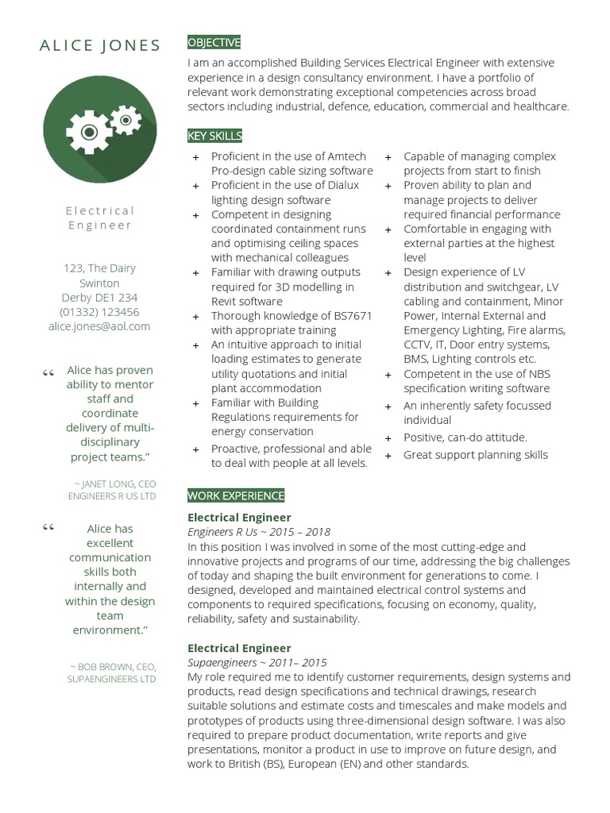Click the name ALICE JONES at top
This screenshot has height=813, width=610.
(x=100, y=45)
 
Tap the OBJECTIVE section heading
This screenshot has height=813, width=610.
(x=214, y=42)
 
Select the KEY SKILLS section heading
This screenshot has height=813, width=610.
(x=214, y=136)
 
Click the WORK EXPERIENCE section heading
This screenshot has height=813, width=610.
(x=235, y=495)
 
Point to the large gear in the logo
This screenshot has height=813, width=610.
(x=89, y=130)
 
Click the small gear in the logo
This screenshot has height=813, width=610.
(x=125, y=119)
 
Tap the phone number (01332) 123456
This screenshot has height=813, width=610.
(x=99, y=312)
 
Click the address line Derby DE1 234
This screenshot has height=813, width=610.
(x=99, y=298)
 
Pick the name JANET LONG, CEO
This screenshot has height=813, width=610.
(x=117, y=483)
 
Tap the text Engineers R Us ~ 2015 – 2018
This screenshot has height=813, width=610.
(x=259, y=532)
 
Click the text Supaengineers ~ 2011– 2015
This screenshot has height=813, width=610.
(x=257, y=662)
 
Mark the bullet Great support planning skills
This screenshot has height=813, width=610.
(x=475, y=455)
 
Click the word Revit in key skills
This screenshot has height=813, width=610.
(x=226, y=302)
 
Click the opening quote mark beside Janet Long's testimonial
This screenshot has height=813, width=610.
(x=49, y=372)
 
